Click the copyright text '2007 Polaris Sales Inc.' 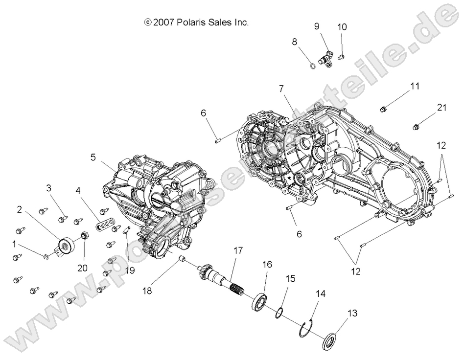pos(196,22)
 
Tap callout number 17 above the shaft pos(238,251)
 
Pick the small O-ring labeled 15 pos(278,312)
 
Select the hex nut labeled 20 pos(83,236)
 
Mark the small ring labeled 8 pos(311,66)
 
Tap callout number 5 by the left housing pos(93,157)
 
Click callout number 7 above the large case pos(295,89)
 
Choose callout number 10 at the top pos(342,27)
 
